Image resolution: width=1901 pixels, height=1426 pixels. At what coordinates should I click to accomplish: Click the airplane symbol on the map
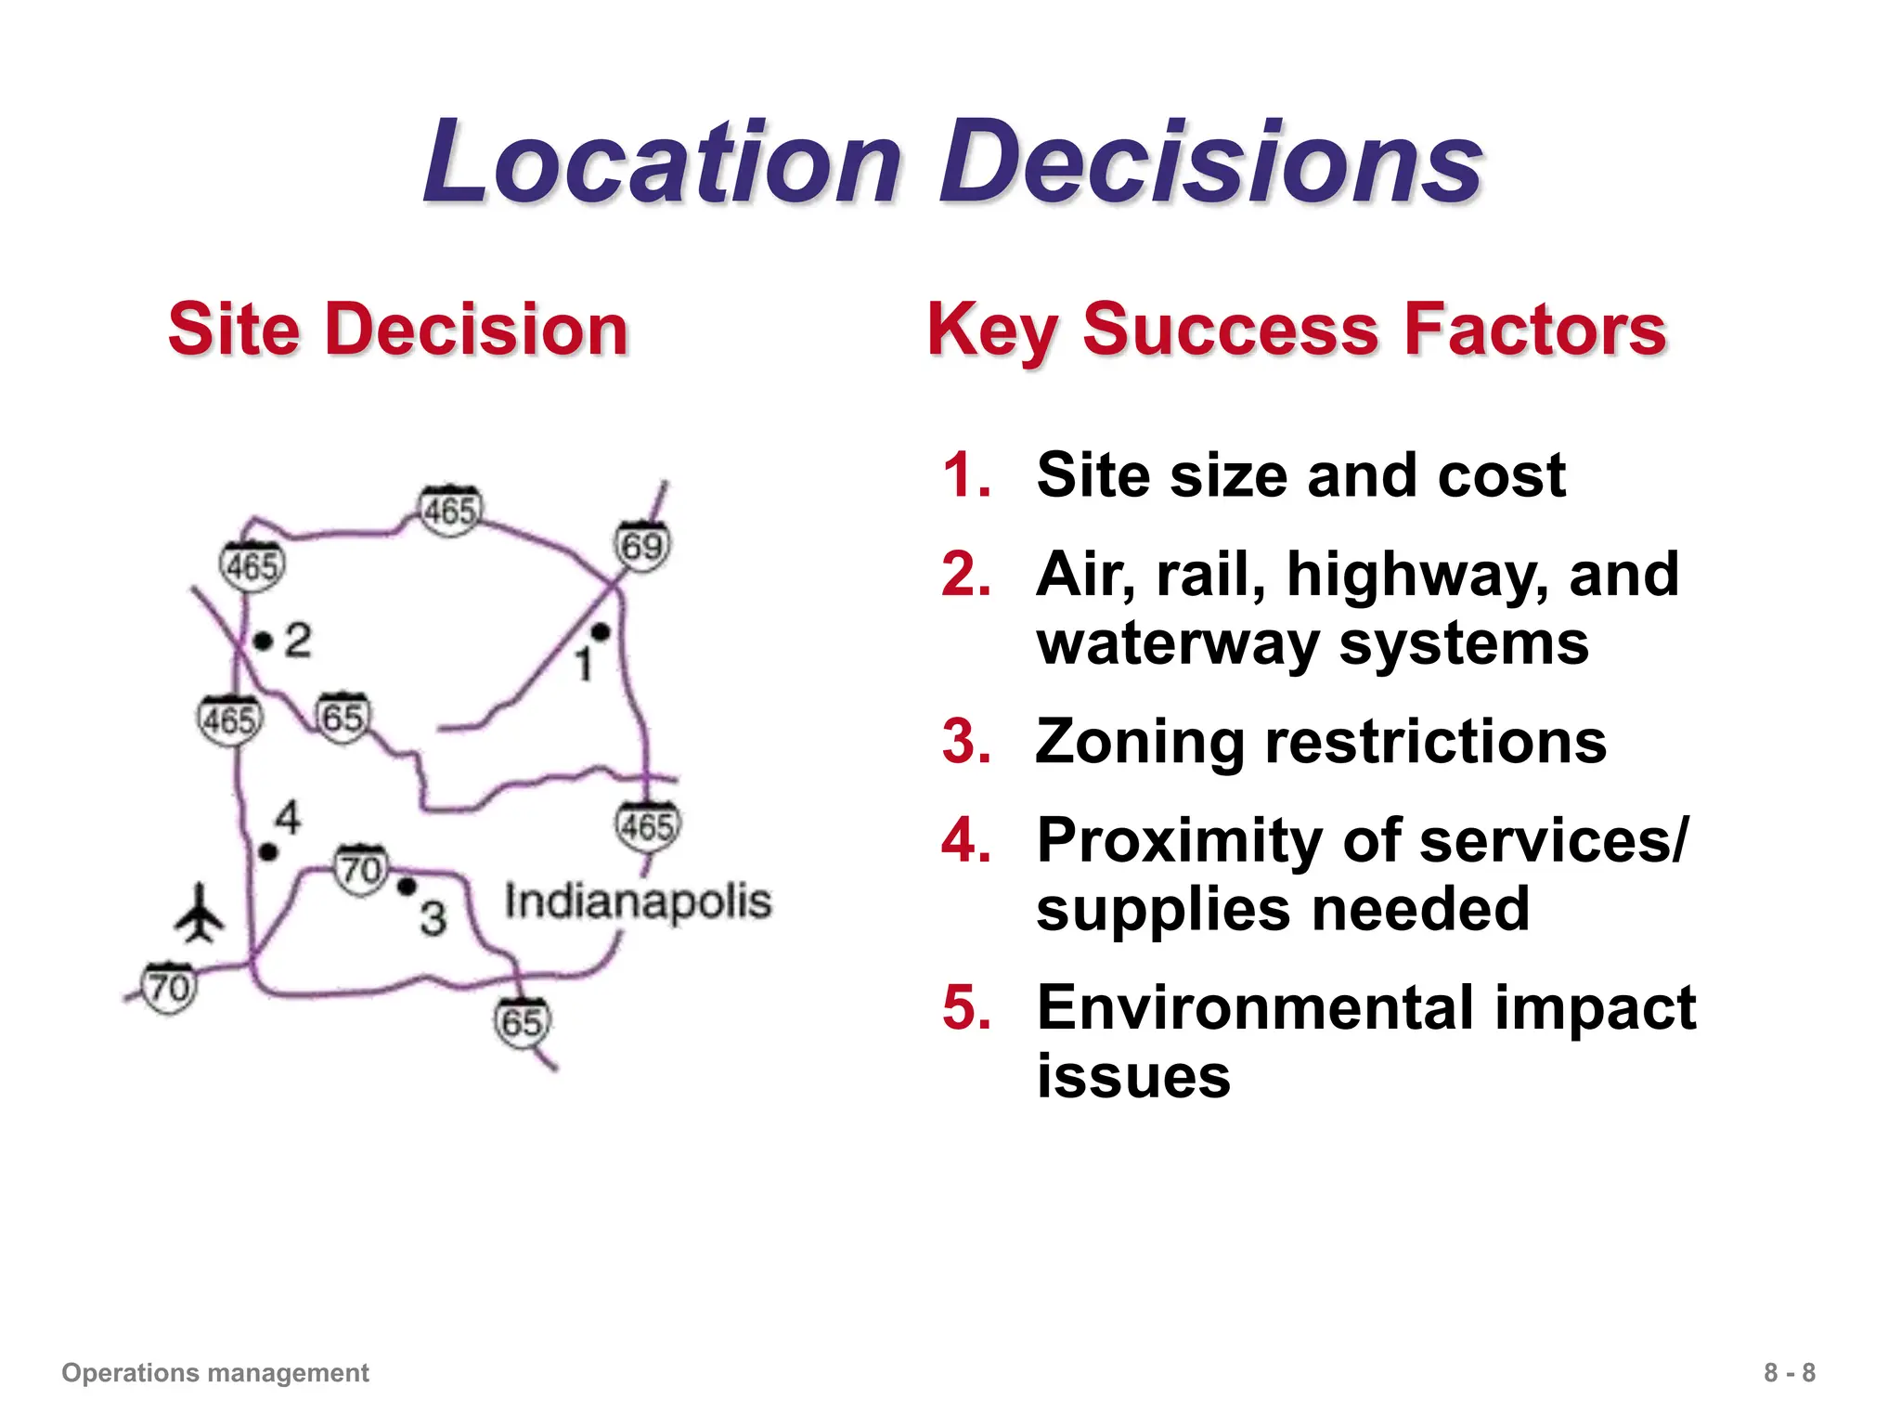coord(199,914)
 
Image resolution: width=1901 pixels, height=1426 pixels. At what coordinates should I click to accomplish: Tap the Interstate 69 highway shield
coord(642,545)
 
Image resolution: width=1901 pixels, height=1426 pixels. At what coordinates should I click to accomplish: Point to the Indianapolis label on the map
coord(638,901)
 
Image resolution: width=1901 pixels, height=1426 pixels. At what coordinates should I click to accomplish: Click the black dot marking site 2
coord(264,641)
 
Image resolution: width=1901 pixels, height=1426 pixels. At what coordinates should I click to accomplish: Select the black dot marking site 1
coord(601,632)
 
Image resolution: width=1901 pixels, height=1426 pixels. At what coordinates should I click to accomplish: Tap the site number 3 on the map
coord(433,918)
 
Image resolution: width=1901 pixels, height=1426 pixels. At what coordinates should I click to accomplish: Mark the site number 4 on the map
coord(288,818)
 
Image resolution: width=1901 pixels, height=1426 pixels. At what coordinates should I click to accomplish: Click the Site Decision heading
coord(398,330)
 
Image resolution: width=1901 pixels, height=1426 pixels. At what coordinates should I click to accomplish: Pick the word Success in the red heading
coord(1231,330)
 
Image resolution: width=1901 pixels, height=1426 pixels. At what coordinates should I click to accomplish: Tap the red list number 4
coord(966,841)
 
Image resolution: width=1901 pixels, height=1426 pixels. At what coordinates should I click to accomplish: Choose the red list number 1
coord(966,475)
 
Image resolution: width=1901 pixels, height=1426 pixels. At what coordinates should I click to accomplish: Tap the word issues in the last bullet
coord(1132,1077)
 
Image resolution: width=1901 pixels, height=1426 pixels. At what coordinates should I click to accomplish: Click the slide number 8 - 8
coord(1789,1372)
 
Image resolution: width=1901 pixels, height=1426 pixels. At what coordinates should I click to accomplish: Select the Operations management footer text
coord(215,1372)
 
